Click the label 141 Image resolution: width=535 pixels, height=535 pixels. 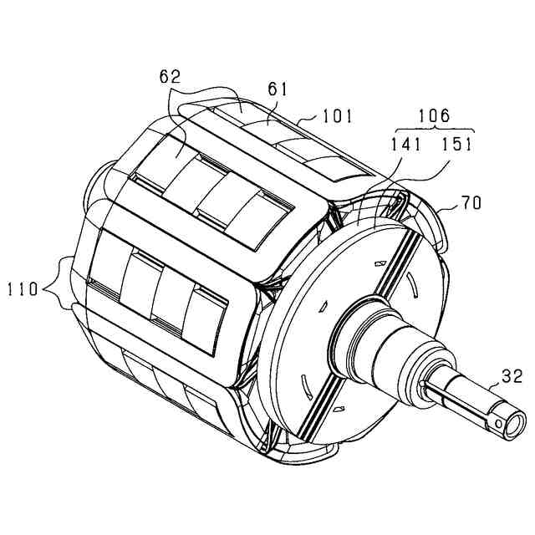click(x=407, y=143)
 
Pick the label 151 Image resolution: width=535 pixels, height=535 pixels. click(x=459, y=143)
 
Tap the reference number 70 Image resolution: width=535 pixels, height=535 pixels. click(x=471, y=201)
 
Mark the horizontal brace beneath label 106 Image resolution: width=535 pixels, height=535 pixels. click(x=433, y=129)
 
